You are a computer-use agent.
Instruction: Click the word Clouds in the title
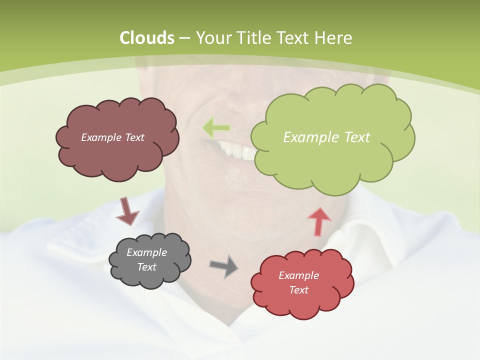pos(146,38)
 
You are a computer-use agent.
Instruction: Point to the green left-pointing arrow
pos(216,128)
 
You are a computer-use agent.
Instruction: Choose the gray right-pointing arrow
pos(224,266)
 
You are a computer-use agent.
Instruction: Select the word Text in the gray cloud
pos(147,267)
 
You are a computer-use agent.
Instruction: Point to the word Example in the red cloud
pos(298,275)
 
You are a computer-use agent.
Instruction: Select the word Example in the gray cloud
pos(147,252)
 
